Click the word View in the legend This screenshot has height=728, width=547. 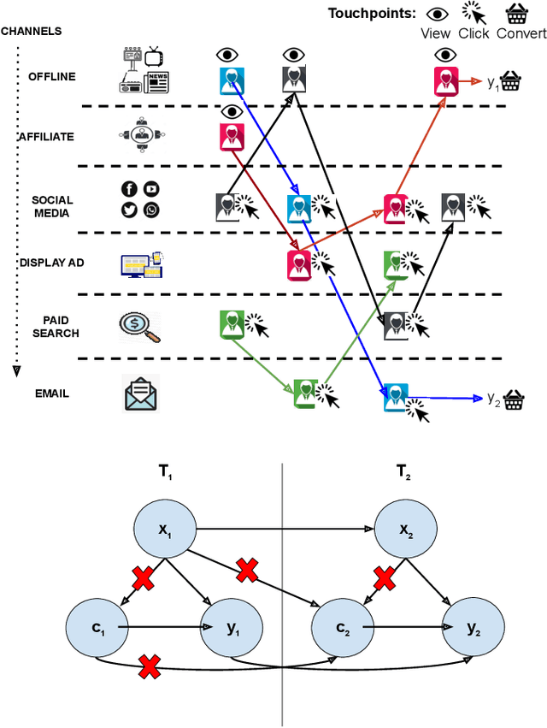pyautogui.click(x=436, y=33)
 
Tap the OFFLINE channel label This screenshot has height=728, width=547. pyautogui.click(x=50, y=76)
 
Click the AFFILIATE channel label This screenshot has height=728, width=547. pyautogui.click(x=46, y=137)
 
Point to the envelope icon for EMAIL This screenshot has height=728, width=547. pyautogui.click(x=139, y=394)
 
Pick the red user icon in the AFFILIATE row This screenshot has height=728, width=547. pyautogui.click(x=230, y=136)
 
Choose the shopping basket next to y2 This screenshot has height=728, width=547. pyautogui.click(x=513, y=400)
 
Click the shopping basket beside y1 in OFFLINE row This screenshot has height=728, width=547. pyautogui.click(x=511, y=82)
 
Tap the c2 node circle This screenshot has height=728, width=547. pyautogui.click(x=344, y=627)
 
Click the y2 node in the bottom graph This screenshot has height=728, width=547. pyautogui.click(x=473, y=627)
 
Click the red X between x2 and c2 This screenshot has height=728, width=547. pyautogui.click(x=385, y=580)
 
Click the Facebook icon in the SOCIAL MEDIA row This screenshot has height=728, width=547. pyautogui.click(x=129, y=189)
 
